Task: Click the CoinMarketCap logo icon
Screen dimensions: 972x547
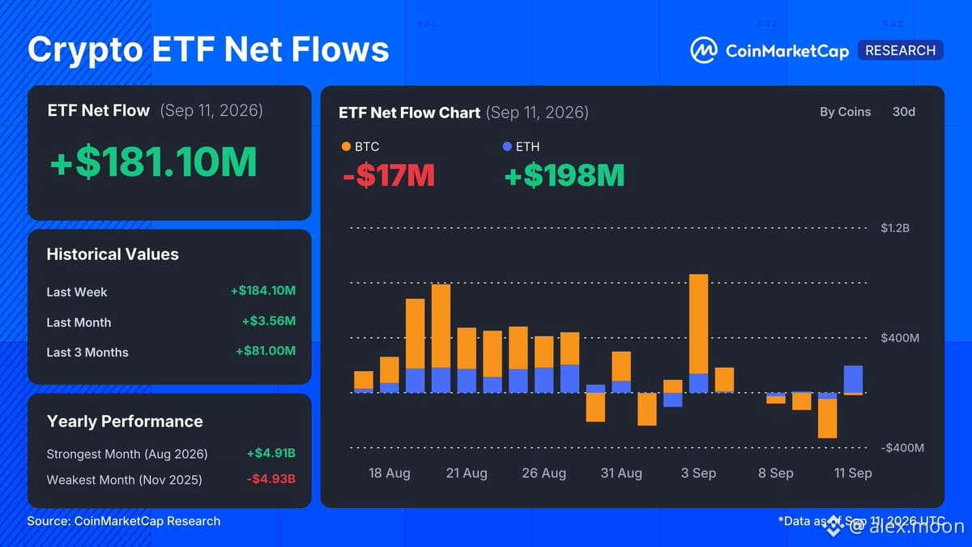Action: (x=703, y=50)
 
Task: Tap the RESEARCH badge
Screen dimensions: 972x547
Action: (x=901, y=50)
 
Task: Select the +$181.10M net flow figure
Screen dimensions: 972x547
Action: (x=154, y=161)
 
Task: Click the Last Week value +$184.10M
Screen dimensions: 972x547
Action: (x=263, y=290)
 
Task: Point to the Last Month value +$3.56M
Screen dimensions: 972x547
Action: (x=269, y=321)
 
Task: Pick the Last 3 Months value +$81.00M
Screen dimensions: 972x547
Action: (x=266, y=351)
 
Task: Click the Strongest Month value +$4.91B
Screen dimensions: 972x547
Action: (x=271, y=453)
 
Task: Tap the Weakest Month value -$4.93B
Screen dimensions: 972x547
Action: (x=271, y=479)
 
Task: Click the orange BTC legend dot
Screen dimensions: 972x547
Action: (x=346, y=147)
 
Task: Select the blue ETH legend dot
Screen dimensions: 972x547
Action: (x=507, y=147)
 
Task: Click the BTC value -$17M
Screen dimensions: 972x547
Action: (x=389, y=175)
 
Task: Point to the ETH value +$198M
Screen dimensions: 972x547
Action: (x=565, y=175)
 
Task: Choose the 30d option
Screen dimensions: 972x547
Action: (x=904, y=112)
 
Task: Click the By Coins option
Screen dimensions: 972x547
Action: (x=846, y=112)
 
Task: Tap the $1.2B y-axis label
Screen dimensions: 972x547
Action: (x=895, y=228)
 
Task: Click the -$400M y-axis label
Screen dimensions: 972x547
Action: (x=902, y=448)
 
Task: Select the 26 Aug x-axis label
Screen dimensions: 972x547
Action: (x=544, y=472)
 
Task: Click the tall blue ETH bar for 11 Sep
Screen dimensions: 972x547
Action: (x=853, y=379)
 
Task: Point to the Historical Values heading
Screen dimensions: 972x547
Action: (x=113, y=254)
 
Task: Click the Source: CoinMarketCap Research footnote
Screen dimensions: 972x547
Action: (x=124, y=521)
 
